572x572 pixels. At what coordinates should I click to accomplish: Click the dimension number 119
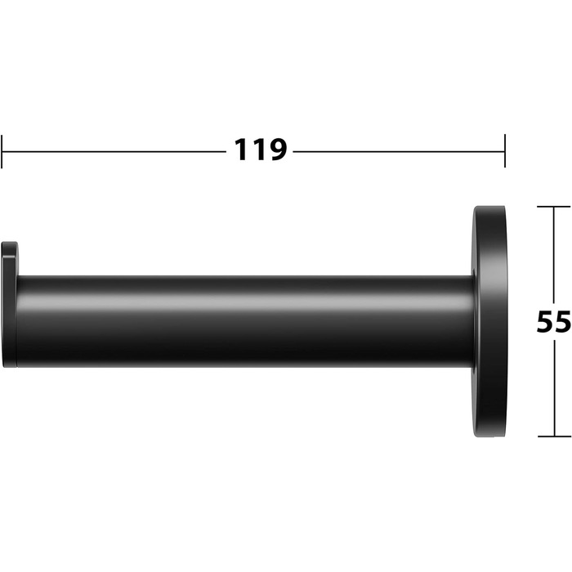260,150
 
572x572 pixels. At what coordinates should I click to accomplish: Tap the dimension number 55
554,321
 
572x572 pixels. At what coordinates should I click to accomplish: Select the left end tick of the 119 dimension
2,151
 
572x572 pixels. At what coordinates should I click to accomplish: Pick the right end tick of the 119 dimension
505,150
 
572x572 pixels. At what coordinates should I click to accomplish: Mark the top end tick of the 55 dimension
554,207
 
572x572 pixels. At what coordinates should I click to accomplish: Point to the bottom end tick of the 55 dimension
555,436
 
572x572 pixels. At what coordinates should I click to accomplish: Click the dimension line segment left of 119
114,151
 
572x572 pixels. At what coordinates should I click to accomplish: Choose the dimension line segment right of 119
399,151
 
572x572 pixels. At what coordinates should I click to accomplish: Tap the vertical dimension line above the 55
554,255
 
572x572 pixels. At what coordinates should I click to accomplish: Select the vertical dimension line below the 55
555,388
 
